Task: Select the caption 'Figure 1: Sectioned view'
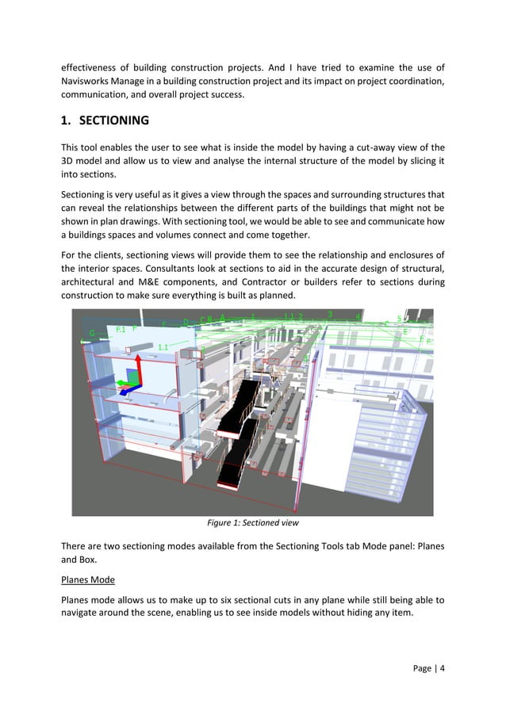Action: tap(252, 523)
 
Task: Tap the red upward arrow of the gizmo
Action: tap(138, 366)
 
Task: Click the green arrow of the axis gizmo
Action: tap(122, 382)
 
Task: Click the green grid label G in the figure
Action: tap(92, 334)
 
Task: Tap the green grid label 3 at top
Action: tap(330, 315)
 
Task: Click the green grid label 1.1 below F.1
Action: tap(163, 347)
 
